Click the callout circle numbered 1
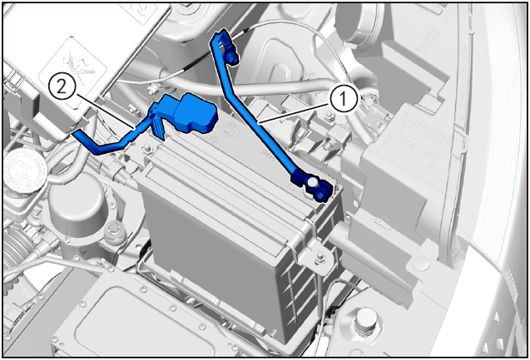point(344,99)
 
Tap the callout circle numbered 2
point(62,87)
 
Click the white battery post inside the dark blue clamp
point(311,182)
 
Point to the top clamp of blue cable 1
point(225,47)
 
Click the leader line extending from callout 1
point(294,114)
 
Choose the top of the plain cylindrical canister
point(78,200)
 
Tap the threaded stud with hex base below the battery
point(366,319)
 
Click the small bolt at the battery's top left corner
point(148,149)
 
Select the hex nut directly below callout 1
point(328,117)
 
